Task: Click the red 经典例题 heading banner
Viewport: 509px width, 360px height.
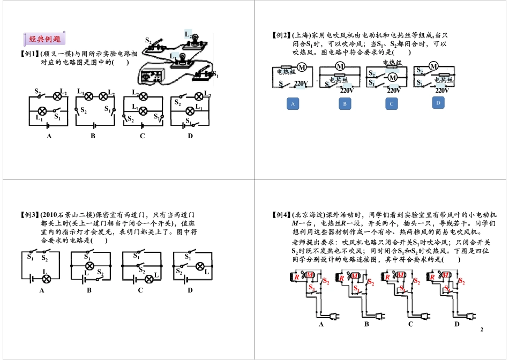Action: coord(44,39)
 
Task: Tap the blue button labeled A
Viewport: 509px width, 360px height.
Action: coord(293,103)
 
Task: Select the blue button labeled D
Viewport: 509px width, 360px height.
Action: coord(438,103)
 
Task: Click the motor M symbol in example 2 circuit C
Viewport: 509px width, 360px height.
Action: coord(392,78)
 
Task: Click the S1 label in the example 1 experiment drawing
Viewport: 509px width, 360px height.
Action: coord(215,74)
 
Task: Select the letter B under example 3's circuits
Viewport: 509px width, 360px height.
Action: coord(89,290)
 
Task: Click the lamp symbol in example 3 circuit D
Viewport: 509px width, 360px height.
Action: coord(199,265)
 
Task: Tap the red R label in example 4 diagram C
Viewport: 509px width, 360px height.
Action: coord(387,277)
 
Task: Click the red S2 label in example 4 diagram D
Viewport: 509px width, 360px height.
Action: coord(461,281)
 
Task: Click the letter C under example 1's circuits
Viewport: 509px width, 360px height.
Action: coord(143,136)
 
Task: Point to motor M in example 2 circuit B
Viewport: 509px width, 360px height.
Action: coord(340,66)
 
